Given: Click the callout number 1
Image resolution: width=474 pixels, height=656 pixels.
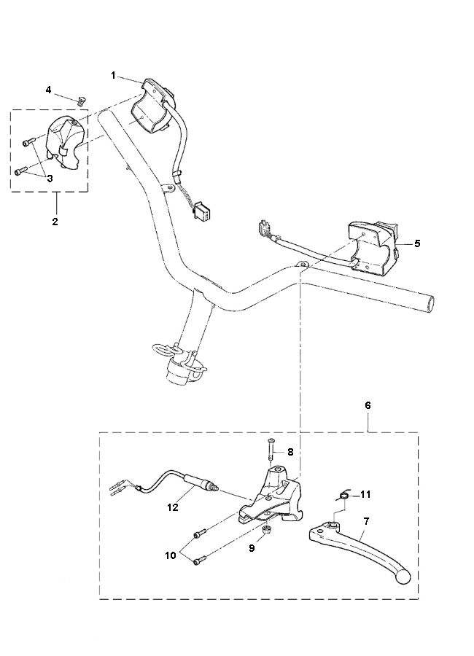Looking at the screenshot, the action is [113, 75].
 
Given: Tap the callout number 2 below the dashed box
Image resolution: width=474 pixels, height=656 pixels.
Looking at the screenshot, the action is [55, 222].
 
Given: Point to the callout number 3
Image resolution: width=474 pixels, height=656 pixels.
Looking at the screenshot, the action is [50, 179].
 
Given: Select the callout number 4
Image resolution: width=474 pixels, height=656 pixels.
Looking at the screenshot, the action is [49, 90].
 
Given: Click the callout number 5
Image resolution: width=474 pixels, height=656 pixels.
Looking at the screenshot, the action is [417, 243].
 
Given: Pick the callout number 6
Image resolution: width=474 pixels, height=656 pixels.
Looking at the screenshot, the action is [368, 405].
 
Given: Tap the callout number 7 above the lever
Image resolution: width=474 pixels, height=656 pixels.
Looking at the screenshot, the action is [366, 521].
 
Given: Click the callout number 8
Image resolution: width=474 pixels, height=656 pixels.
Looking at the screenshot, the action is [290, 452].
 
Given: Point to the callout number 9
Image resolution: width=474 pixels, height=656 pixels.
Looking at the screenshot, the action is [252, 548].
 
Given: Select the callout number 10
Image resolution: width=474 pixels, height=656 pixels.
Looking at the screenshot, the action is [171, 555].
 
